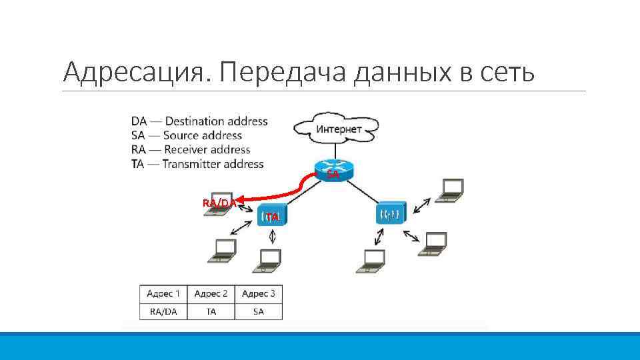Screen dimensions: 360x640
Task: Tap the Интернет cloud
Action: click(x=339, y=129)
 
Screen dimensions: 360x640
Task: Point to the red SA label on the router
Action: click(x=332, y=174)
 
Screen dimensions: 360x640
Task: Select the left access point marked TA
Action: click(x=272, y=215)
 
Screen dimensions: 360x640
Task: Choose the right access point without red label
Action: click(x=390, y=214)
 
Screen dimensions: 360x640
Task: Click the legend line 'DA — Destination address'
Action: click(x=199, y=121)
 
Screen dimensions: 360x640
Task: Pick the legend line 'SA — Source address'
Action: click(x=187, y=135)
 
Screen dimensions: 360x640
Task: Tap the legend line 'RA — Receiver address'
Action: click(x=191, y=150)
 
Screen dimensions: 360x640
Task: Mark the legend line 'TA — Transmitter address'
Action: click(x=197, y=164)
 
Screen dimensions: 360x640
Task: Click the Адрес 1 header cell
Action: click(x=163, y=293)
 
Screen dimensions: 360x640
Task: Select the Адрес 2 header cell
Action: click(x=211, y=293)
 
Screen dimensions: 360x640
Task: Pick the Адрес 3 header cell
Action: click(x=258, y=293)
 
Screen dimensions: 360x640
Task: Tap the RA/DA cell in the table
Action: click(x=163, y=311)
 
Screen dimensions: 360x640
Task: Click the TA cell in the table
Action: click(x=211, y=311)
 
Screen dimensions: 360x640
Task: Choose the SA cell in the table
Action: click(x=258, y=311)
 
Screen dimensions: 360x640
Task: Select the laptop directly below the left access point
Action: click(x=269, y=261)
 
